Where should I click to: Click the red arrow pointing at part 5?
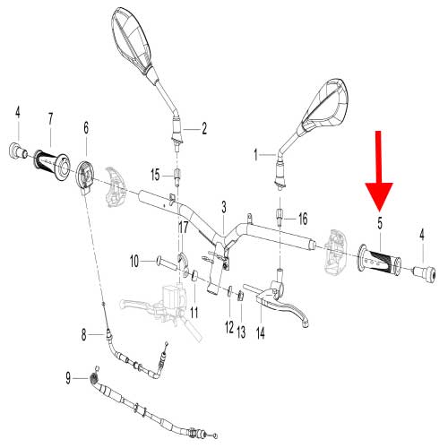(x=379, y=170)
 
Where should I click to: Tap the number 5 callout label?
(x=380, y=223)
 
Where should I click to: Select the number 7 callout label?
(x=50, y=119)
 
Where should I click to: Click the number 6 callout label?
(x=86, y=128)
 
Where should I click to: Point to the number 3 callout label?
(x=224, y=207)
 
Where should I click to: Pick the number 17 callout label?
(x=183, y=228)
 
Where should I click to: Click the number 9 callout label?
(x=68, y=378)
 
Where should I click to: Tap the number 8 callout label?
(x=84, y=335)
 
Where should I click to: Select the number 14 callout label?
(x=261, y=333)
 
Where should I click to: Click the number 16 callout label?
(x=303, y=219)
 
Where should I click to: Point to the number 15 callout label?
(x=155, y=175)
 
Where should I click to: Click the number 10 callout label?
(x=134, y=262)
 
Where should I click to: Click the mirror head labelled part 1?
(x=325, y=105)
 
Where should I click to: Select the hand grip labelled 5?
(x=379, y=261)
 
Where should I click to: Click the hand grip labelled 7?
(x=53, y=165)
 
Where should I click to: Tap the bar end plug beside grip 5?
(x=424, y=273)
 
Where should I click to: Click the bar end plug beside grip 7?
(x=18, y=151)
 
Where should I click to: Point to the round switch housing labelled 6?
(x=84, y=177)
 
